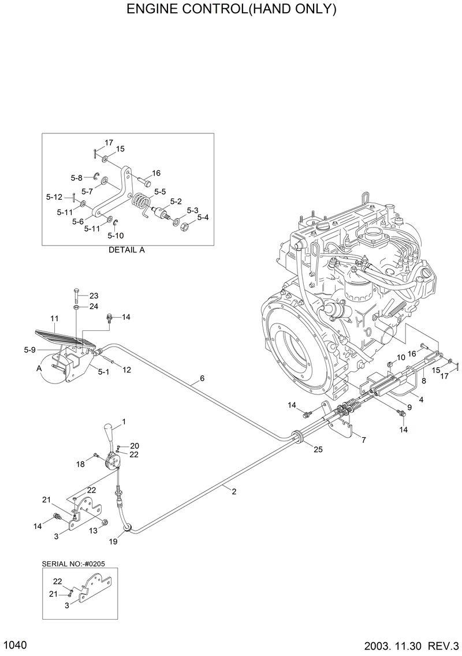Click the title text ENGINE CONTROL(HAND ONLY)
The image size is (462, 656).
pos(231,10)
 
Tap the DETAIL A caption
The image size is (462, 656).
pos(126,251)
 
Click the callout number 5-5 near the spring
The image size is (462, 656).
pos(160,191)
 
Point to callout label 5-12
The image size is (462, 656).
pos(54,197)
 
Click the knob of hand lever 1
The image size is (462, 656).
pos(110,432)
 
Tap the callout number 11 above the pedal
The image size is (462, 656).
pos(55,318)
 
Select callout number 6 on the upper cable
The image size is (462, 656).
pos(202,379)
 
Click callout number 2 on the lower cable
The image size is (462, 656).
pos(234,491)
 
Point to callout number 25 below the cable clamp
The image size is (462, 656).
pos(318,449)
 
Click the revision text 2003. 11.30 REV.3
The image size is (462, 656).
pos(412,645)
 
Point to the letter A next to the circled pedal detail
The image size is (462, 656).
pos(39,368)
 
